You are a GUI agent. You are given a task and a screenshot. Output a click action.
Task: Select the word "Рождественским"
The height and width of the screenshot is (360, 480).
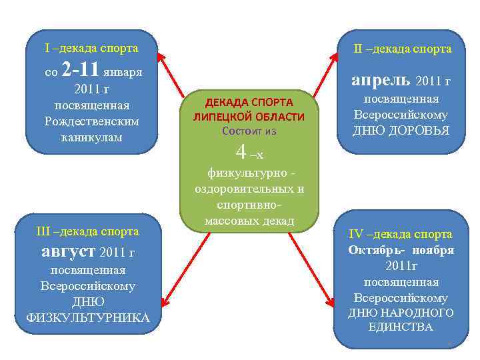[x=91, y=122]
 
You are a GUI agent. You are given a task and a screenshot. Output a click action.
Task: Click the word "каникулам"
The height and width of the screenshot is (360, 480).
[x=91, y=137]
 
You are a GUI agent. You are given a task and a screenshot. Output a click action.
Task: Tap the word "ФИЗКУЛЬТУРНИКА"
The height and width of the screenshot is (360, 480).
[x=87, y=317]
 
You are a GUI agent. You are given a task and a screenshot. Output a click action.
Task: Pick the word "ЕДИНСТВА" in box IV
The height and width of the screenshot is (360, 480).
[x=400, y=327]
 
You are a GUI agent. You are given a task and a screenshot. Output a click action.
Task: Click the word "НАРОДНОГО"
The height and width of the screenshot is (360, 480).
[x=423, y=312]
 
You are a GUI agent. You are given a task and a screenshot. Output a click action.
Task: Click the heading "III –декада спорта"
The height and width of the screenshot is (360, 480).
[x=87, y=231]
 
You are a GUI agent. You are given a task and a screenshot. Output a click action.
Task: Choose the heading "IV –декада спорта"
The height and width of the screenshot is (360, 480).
[x=401, y=234]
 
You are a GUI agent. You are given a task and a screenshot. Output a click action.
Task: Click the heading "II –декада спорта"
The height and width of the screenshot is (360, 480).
[x=402, y=49]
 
